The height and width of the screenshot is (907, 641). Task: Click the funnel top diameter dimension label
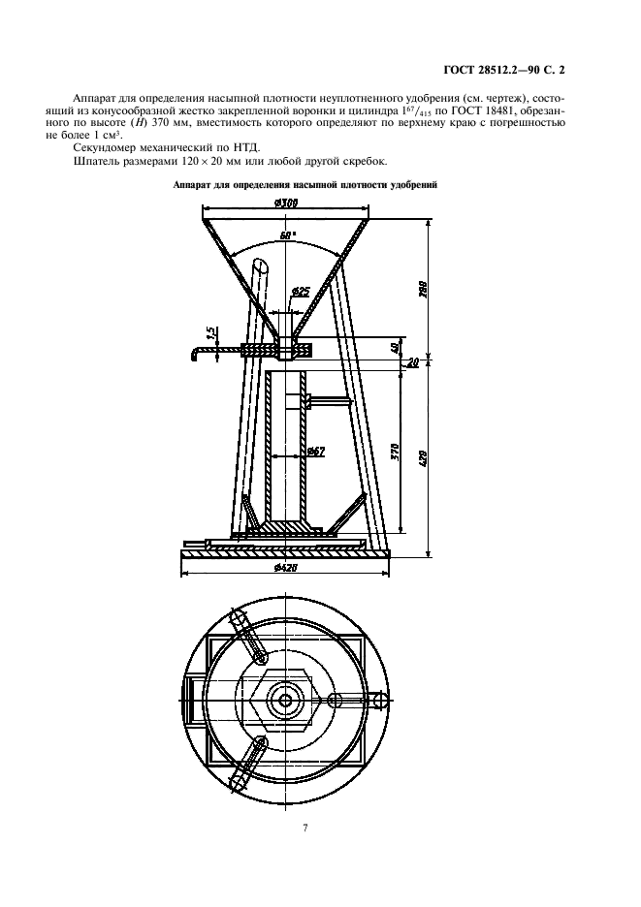click(x=285, y=203)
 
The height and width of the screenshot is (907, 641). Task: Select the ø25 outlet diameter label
click(x=301, y=291)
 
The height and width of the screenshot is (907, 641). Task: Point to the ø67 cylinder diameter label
click(x=314, y=451)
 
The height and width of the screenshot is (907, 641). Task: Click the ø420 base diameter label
click(x=286, y=568)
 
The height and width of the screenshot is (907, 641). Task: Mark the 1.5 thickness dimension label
click(x=210, y=333)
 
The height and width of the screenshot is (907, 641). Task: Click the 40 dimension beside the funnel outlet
click(x=393, y=348)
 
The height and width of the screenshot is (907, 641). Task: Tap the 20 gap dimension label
click(x=413, y=362)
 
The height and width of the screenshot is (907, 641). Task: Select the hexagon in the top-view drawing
click(x=285, y=699)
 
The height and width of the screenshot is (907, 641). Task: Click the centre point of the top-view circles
click(x=285, y=700)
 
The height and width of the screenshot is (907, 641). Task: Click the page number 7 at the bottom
click(x=305, y=828)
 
